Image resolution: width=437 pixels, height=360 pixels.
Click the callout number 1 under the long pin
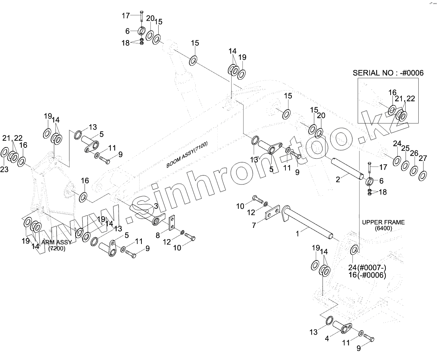[x=298, y=234]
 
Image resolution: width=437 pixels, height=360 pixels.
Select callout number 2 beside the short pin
[x=338, y=180]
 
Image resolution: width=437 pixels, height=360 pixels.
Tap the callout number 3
[x=156, y=206]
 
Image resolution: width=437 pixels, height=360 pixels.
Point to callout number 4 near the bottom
[x=327, y=339]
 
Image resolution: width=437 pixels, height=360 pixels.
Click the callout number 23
[x=4, y=169]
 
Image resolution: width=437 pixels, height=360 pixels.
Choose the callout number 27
[x=423, y=158]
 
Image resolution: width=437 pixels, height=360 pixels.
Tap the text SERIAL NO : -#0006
[x=388, y=73]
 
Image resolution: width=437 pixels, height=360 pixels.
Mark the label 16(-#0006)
[x=367, y=275]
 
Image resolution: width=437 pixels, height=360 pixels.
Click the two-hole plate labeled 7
[x=273, y=213]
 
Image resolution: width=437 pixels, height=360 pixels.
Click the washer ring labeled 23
[x=4, y=152]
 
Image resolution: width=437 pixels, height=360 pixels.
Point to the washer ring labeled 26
[x=414, y=170]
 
